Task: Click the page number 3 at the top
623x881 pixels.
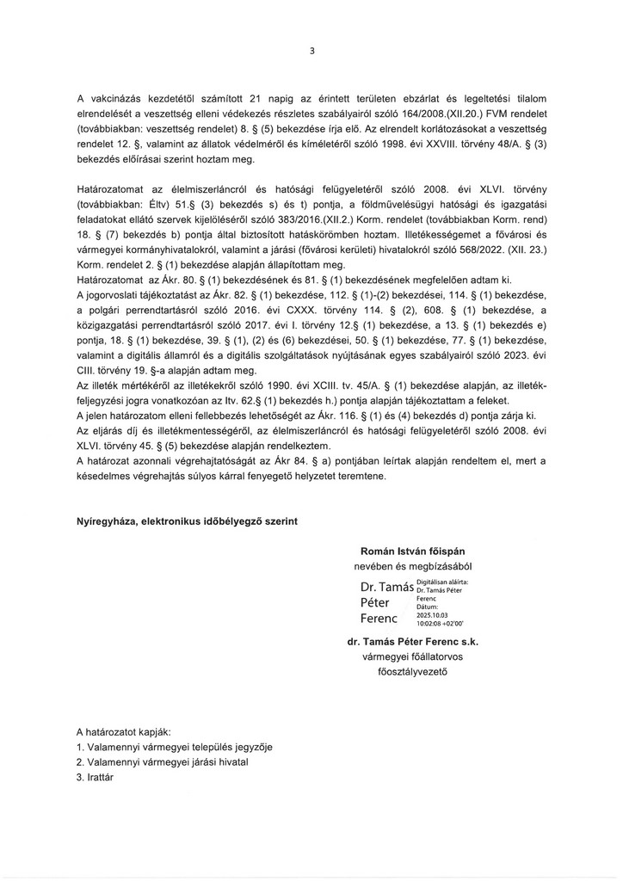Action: coord(312,51)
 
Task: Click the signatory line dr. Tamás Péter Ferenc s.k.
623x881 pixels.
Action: coord(412,641)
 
